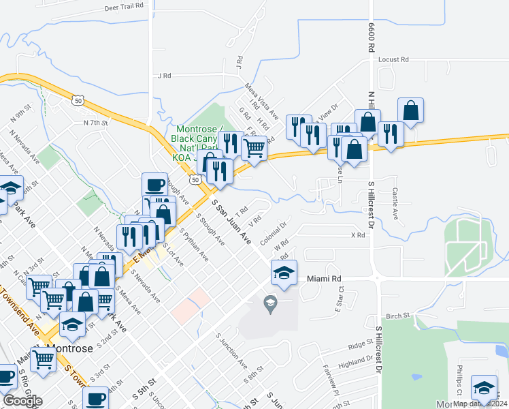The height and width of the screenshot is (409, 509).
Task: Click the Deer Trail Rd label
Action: tap(125, 5)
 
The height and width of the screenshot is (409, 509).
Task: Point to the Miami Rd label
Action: tap(323, 279)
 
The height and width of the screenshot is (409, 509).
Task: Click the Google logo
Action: tap(22, 401)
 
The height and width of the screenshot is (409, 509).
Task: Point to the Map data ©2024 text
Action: tap(479, 404)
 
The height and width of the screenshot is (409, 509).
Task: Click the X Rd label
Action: tap(358, 235)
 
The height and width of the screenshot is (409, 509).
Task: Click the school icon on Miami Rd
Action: tap(284, 273)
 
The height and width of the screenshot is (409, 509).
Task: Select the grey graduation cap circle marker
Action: tap(270, 302)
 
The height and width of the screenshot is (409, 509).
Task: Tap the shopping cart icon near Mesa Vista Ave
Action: tap(254, 147)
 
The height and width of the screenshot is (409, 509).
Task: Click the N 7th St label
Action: tap(96, 123)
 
